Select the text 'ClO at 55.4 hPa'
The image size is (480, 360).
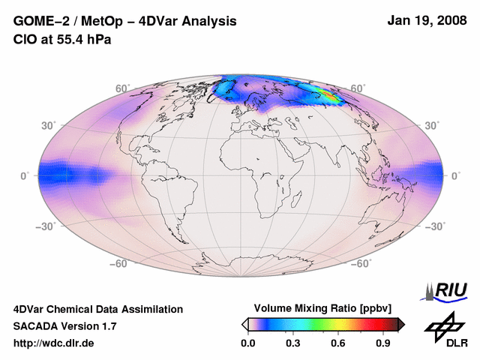click(x=62, y=40)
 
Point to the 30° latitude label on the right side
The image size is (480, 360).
click(x=433, y=125)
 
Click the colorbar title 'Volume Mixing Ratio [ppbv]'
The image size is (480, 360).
click(x=319, y=308)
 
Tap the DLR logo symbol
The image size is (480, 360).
click(x=445, y=324)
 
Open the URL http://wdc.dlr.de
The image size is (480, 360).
click(x=54, y=343)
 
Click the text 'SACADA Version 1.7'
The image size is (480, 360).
click(x=64, y=326)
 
